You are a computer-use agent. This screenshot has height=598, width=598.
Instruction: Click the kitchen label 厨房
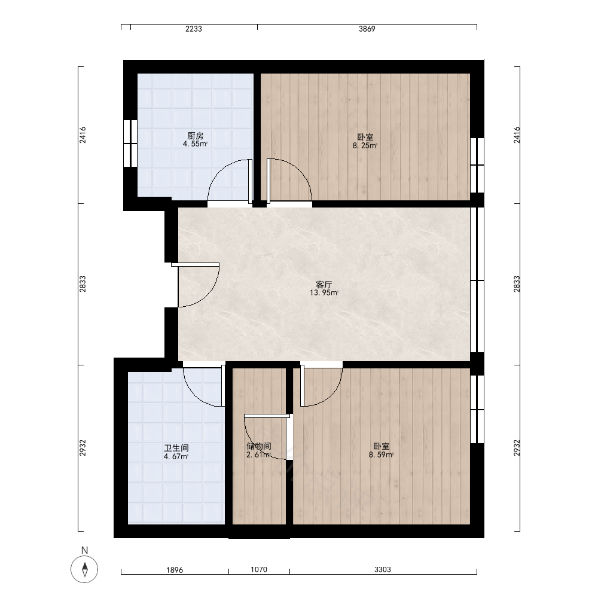[195, 136]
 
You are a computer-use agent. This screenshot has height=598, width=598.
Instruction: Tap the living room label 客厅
[324, 285]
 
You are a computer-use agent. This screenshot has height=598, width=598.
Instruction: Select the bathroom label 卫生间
[176, 448]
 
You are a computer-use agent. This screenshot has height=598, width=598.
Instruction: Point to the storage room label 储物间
[258, 446]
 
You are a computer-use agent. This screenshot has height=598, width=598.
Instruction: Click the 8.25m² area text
[365, 145]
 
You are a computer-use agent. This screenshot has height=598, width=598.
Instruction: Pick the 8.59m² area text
[381, 454]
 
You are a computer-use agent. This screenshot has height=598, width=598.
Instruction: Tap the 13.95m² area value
[324, 293]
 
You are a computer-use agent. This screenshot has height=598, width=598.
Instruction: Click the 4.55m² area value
[195, 144]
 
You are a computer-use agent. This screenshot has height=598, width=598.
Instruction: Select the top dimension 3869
[367, 29]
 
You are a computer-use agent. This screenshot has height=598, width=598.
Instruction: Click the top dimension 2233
[194, 29]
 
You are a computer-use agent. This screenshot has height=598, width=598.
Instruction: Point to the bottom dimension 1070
[258, 569]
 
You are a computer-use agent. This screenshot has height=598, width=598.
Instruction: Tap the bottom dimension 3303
[383, 569]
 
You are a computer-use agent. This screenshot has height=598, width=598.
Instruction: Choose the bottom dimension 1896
[175, 570]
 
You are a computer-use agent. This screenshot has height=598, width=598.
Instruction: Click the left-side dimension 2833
[83, 283]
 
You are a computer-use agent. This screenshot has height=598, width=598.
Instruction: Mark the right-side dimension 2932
[517, 448]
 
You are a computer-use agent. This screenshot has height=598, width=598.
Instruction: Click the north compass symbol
[84, 569]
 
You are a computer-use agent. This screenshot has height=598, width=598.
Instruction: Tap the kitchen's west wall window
[130, 144]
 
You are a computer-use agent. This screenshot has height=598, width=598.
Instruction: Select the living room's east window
[477, 280]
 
